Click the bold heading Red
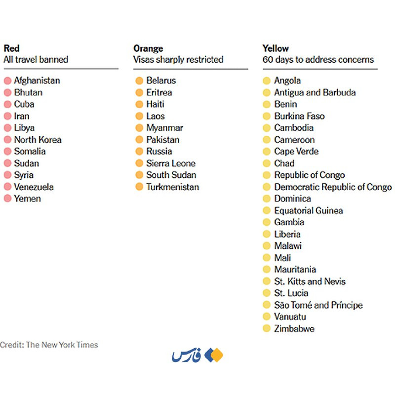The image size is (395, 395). [x=11, y=48]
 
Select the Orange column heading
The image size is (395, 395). [x=148, y=48]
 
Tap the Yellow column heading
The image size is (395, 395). [x=276, y=48]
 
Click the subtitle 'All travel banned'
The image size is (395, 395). [x=36, y=60]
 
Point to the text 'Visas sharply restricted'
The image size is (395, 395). [x=178, y=60]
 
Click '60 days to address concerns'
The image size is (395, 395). [x=318, y=60]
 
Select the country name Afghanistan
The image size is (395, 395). [x=37, y=80]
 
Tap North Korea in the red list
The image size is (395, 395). [x=38, y=140]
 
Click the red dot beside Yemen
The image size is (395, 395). [x=7, y=199]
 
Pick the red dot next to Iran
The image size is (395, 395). [x=7, y=117]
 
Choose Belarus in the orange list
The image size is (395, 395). [x=161, y=80]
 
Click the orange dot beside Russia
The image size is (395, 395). [x=139, y=152]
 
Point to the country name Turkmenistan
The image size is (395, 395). [x=173, y=187]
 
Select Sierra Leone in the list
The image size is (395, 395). [x=171, y=163]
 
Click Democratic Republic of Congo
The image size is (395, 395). [x=333, y=187]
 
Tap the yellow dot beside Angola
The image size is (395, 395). [x=267, y=81]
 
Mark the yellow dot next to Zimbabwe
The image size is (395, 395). [x=267, y=329]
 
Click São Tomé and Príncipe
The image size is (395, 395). [x=318, y=305]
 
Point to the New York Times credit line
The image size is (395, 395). [x=49, y=345]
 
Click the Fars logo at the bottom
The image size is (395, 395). [x=197, y=355]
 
